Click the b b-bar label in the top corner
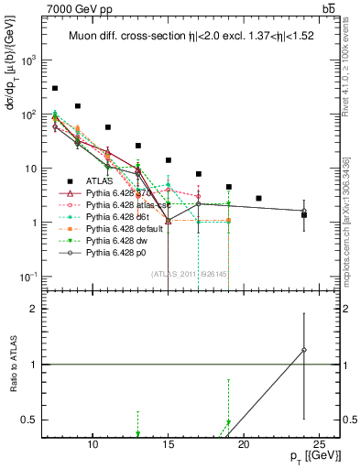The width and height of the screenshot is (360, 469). click(x=327, y=8)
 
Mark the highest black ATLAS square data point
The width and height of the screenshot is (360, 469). click(x=55, y=88)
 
